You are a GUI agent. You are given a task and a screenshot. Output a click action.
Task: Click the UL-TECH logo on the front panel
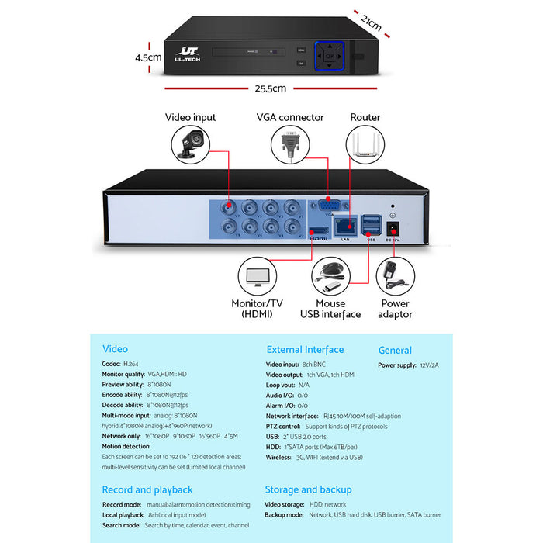coord(189,54)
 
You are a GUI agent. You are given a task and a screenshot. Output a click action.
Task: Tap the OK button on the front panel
coord(330,56)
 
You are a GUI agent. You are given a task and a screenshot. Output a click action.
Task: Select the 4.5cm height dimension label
coord(147,57)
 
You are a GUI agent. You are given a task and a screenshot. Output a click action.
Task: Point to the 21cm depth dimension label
coord(371,23)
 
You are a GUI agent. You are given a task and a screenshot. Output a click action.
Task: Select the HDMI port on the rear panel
coord(319,230)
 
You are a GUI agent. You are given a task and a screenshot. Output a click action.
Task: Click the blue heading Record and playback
coord(147,489)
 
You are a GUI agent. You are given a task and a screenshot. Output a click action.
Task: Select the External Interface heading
coord(305,350)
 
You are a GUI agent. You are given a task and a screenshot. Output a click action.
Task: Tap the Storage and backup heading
coord(308,489)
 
